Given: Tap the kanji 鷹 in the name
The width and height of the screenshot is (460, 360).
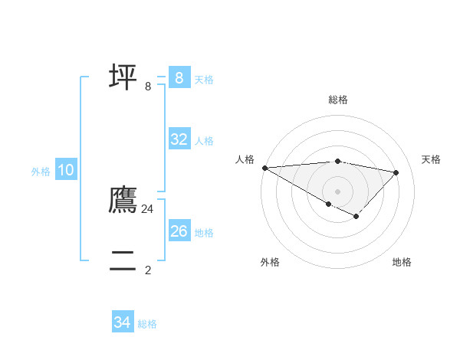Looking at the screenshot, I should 123,200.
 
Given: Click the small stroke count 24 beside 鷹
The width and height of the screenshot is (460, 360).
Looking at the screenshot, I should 148,208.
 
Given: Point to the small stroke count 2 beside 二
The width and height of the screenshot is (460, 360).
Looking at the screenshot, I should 148,270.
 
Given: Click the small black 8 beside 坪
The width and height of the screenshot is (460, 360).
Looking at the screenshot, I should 148,87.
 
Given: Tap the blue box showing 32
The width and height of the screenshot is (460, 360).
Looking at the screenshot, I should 179,139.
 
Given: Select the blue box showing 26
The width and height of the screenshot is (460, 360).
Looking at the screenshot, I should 179,231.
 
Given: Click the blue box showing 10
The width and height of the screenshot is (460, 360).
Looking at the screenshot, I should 66,170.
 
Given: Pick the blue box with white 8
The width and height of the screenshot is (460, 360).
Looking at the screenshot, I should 179,77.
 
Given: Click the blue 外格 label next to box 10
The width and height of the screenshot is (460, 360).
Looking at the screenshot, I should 41,172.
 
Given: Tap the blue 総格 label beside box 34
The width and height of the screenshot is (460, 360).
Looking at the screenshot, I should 147,324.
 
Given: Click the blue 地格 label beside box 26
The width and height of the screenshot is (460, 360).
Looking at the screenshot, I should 204,233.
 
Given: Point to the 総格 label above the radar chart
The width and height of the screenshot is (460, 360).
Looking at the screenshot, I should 337,100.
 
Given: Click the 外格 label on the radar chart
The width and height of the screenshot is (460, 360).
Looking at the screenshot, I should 269,262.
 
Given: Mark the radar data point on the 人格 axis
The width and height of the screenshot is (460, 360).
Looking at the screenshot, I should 264,167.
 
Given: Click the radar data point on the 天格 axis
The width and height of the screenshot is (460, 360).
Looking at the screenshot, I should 396,172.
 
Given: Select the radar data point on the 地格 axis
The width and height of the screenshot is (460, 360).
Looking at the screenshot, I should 356,217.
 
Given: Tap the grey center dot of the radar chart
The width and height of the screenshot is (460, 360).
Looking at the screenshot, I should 337,191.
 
